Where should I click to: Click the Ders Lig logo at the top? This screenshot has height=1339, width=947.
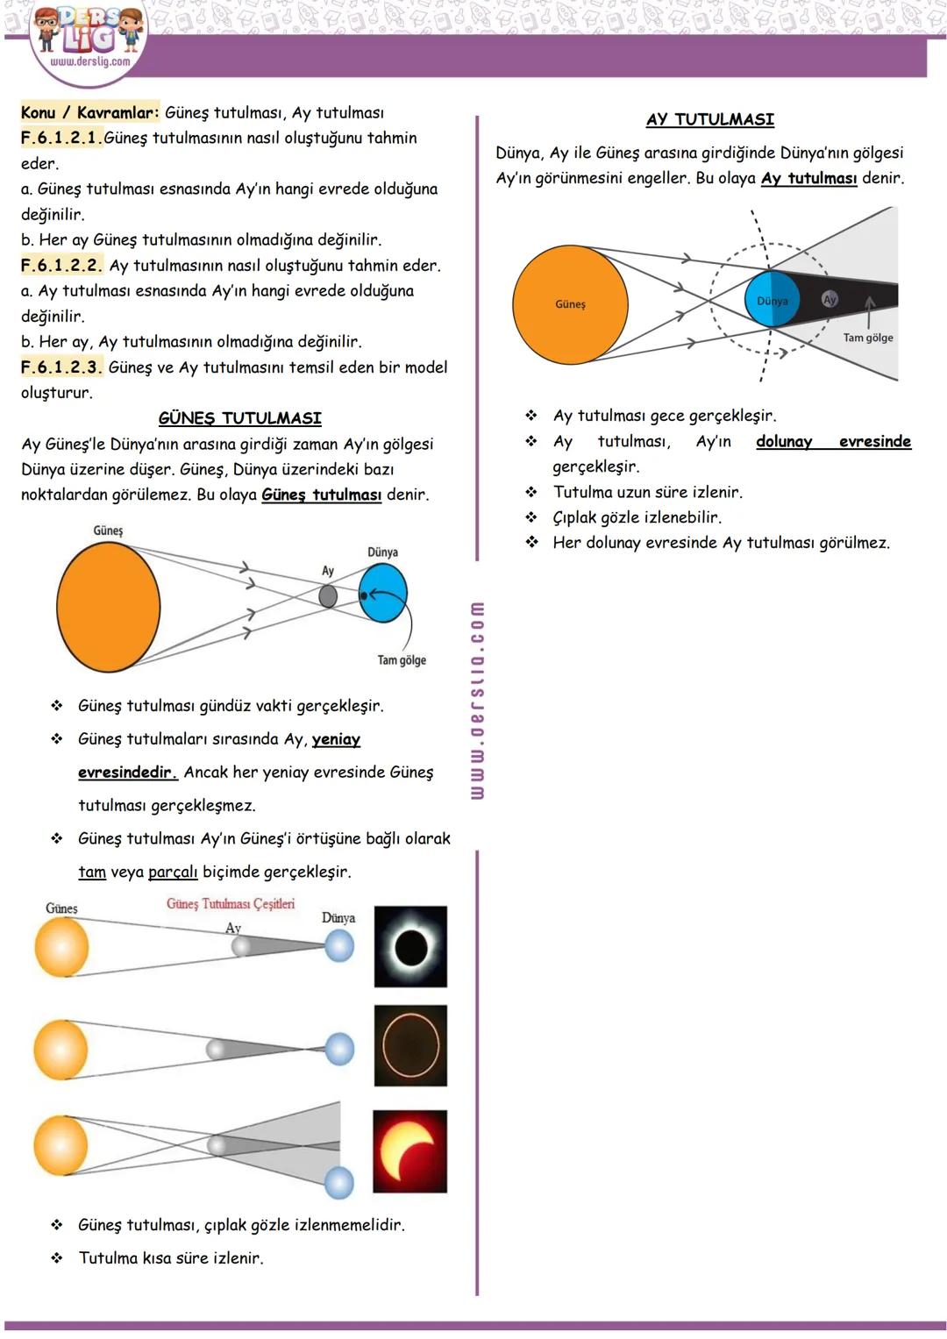point(88,39)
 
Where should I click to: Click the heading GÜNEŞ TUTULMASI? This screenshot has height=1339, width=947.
point(239,418)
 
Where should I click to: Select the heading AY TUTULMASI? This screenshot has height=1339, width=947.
point(710,119)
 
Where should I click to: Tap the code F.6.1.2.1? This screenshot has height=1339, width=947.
point(61,138)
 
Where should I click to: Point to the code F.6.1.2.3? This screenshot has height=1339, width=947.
point(61,367)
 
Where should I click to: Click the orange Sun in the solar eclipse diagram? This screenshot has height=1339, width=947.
point(109,607)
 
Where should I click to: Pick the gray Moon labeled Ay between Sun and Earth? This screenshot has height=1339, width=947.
point(328,596)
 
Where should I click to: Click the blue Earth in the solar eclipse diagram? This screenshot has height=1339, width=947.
point(383,594)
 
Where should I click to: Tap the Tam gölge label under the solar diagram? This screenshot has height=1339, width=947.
point(402,660)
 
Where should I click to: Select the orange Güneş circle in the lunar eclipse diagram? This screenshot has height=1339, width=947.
point(570,304)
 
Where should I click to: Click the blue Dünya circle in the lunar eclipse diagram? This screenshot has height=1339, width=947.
point(772,300)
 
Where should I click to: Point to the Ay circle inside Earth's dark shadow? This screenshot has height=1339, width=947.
point(830,299)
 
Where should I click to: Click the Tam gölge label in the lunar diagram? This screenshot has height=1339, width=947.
point(868,338)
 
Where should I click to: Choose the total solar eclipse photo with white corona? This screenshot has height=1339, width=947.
point(410,947)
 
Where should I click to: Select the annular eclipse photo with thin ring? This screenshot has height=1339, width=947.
point(410,1046)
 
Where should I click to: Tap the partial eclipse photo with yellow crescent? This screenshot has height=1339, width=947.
point(410,1151)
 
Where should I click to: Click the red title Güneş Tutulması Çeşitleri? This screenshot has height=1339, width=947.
point(231,904)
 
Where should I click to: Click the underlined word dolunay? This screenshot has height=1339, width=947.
point(784,441)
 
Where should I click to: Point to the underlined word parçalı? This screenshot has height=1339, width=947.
point(173,872)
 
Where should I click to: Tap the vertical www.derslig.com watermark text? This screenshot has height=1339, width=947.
point(477,700)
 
